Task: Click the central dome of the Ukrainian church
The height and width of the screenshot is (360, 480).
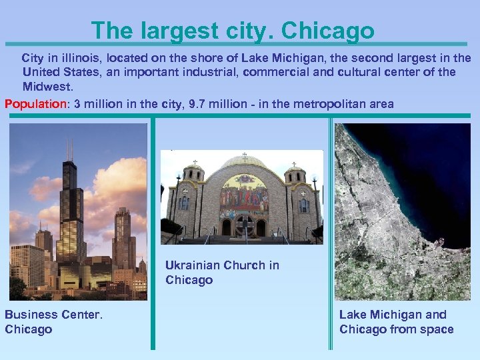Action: [x=244, y=163]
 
